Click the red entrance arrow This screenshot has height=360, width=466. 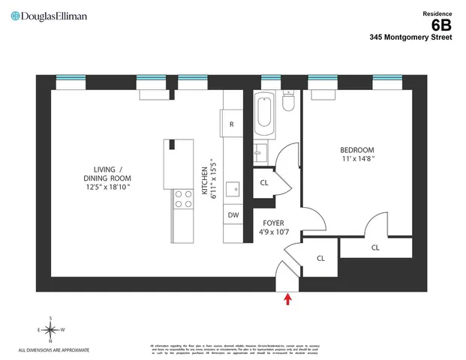coord(288,300)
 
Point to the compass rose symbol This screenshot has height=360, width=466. coord(50,330)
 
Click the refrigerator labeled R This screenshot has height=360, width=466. coord(231,124)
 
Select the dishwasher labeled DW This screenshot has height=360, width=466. coord(233,214)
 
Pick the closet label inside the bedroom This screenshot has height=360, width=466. coord(374,247)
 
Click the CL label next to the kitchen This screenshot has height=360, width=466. coord(264,183)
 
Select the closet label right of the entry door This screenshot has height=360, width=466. coord(320,258)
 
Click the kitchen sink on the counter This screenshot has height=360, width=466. coord(232,187)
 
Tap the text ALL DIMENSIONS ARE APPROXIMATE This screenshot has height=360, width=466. coord(54,350)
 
